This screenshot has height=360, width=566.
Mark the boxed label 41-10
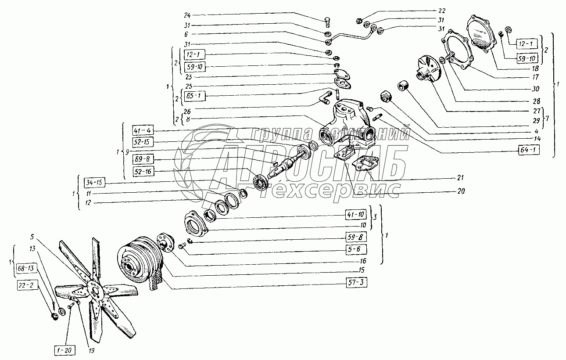[x=355, y=215]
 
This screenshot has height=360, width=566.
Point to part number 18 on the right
[x=535, y=68]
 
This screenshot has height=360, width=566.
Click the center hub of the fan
[x=94, y=288]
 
